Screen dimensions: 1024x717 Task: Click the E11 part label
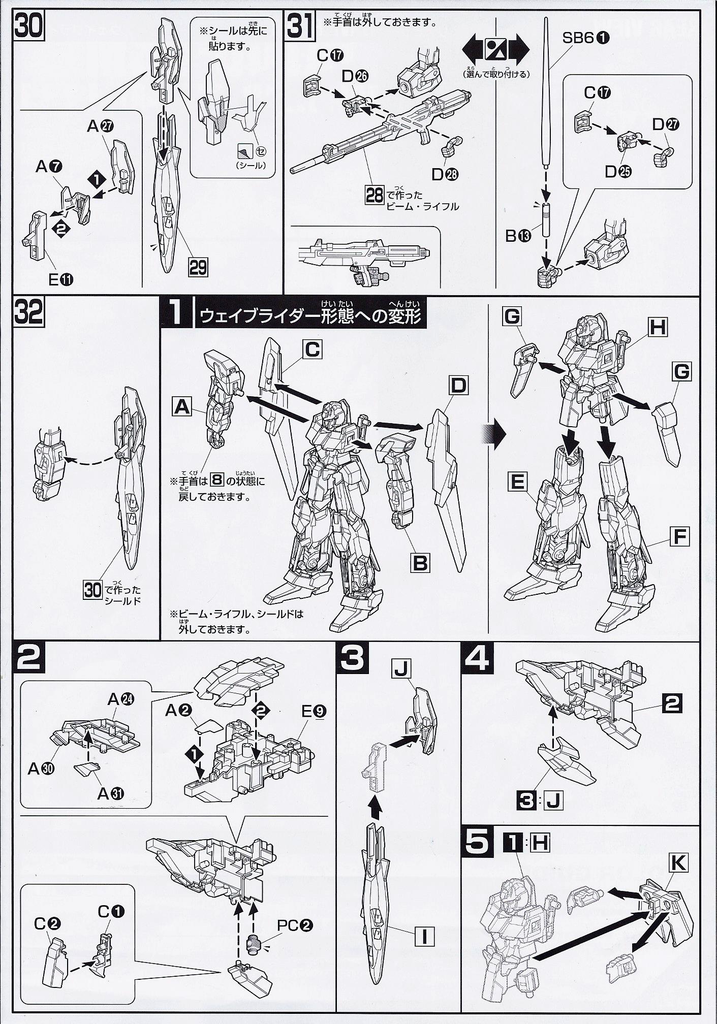59,278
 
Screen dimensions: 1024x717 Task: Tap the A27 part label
100,126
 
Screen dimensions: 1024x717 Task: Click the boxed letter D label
458,386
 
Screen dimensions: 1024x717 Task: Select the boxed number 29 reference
198,267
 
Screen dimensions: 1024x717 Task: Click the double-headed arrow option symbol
495,50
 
